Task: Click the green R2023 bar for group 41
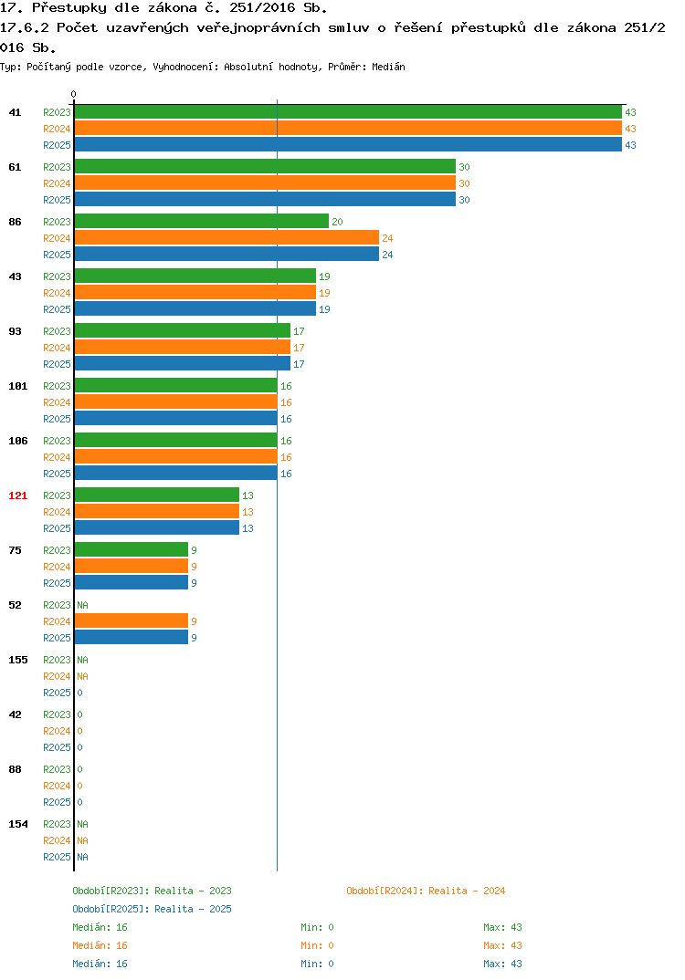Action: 348,112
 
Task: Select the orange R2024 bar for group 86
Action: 227,237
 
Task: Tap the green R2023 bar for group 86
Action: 202,221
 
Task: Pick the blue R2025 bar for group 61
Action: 265,199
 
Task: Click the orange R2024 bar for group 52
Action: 132,620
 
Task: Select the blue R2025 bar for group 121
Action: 156,528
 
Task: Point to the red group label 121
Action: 18,495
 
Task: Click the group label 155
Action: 18,660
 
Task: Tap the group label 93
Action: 15,331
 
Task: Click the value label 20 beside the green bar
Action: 337,222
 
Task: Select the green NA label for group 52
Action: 82,605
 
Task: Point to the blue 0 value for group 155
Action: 80,693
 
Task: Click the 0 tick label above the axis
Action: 73,94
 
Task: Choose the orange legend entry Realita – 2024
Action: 426,891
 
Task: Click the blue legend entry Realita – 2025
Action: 152,909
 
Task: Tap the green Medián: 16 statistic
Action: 100,927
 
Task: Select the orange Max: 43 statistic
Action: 502,945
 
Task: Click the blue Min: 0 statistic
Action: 317,964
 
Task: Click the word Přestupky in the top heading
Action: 68,9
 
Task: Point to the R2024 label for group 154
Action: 57,840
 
